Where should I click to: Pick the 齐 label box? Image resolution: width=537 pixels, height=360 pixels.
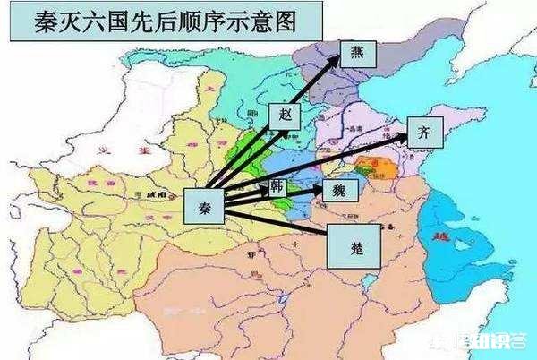click(x=424, y=133)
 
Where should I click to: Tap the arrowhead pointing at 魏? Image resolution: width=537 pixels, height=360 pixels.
click(x=320, y=191)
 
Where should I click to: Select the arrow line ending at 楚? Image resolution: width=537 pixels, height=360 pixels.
click(x=286, y=224)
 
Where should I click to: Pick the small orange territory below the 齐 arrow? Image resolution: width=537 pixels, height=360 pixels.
click(x=368, y=167)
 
